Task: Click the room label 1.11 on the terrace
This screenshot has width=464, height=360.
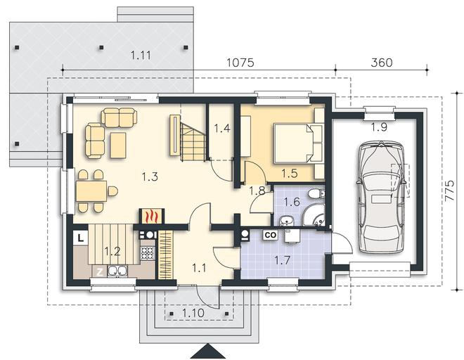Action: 141,56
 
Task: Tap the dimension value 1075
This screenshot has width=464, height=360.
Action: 240,63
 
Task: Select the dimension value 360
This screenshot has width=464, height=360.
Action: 382,63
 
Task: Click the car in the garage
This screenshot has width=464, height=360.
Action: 380,197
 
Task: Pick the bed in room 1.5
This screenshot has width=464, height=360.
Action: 297,143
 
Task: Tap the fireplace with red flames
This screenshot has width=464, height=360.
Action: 151,216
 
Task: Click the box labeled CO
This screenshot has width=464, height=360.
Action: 271,235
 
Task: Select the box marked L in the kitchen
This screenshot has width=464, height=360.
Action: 81,238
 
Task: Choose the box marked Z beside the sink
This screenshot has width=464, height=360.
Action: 100,272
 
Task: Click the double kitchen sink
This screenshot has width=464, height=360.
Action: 118,271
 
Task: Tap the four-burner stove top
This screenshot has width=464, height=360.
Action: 148,253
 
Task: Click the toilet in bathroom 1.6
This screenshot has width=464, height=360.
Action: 316,194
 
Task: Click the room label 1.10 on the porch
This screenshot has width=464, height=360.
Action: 193,313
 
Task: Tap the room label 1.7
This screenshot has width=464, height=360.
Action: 282,261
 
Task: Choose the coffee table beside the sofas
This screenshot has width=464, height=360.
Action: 118,145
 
